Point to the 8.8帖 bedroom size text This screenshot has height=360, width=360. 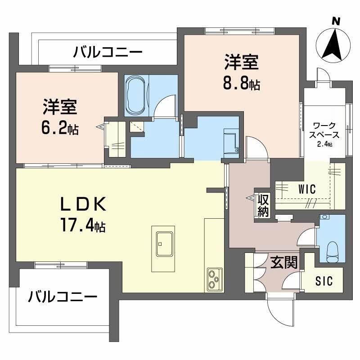click(x=242, y=83)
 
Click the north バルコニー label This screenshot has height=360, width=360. click(x=108, y=53)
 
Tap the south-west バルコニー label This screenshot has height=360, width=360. click(x=63, y=297)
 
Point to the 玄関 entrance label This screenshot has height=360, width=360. click(x=283, y=262)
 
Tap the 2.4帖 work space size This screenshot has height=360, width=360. click(x=324, y=144)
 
